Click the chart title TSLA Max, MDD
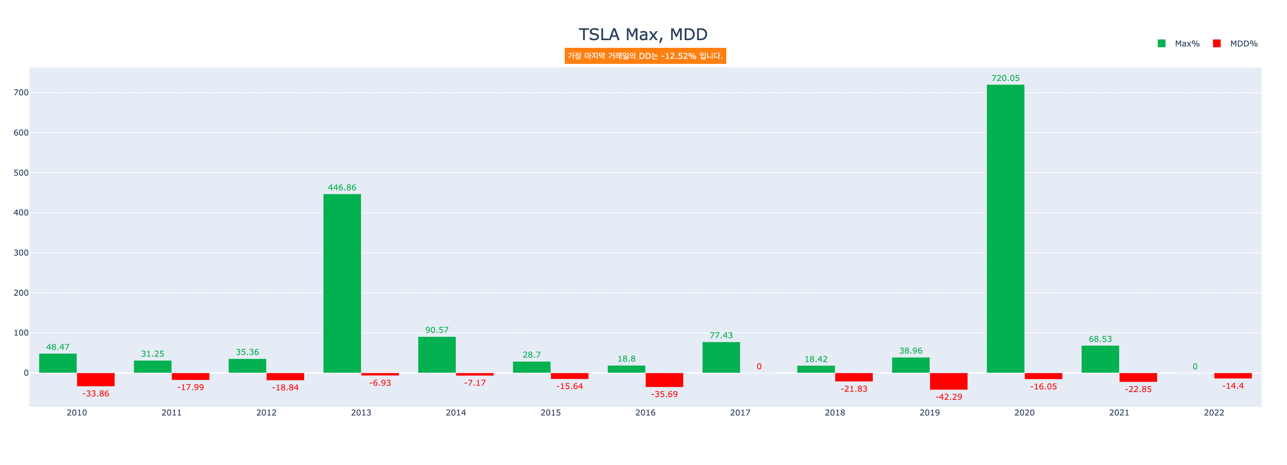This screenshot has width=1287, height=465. coord(643,34)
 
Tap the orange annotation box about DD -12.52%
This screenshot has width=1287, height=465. coord(645,56)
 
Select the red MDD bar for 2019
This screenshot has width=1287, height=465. coord(948,381)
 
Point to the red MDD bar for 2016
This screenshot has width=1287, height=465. coord(664,380)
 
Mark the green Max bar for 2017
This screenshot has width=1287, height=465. coord(721,357)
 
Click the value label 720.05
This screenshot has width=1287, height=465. coord(1005,78)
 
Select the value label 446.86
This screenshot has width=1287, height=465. coord(342,188)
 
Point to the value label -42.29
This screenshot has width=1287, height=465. coord(948,397)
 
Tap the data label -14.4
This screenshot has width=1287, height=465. coord(1233,386)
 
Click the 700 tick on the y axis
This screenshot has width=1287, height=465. coord(21,93)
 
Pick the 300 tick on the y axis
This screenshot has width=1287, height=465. coord(21,253)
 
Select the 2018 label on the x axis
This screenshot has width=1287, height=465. coord(835,412)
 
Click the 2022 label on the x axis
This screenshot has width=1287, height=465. coord(1214,412)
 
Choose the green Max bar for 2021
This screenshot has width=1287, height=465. coord(1100,359)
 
